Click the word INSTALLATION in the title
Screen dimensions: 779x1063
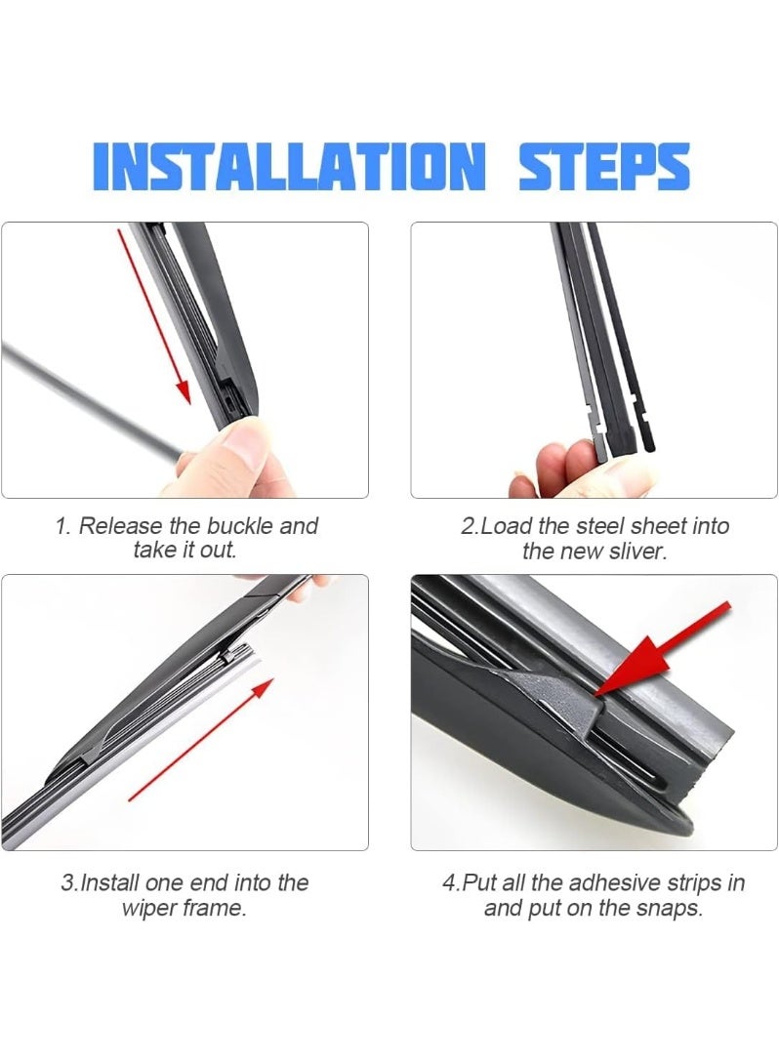(x=290, y=166)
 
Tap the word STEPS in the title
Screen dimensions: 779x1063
(x=604, y=166)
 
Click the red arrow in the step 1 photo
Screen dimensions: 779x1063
(x=154, y=316)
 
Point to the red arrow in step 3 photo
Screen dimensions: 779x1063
(x=201, y=739)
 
